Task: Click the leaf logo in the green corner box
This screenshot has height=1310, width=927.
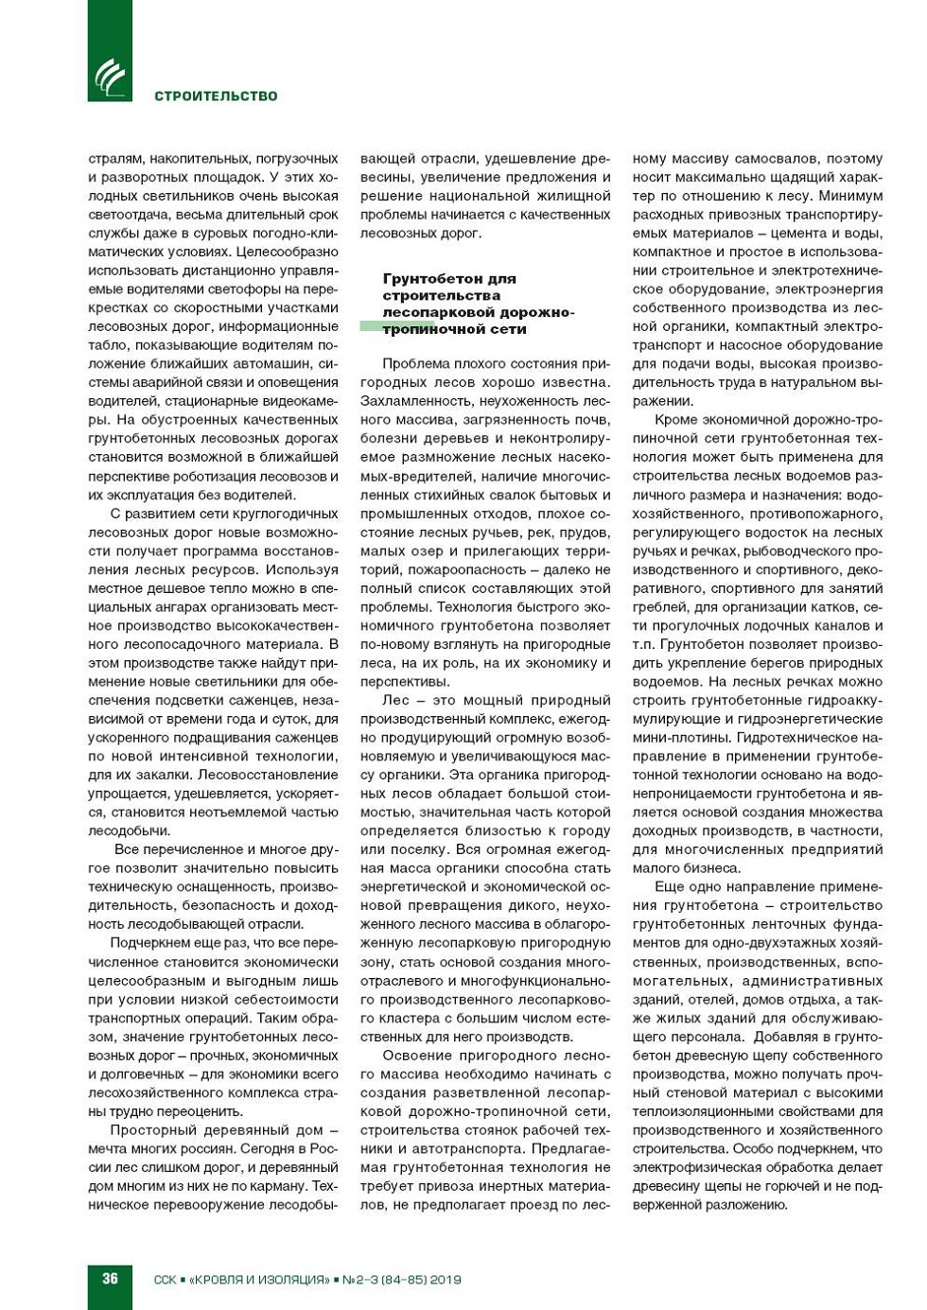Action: pyautogui.click(x=110, y=77)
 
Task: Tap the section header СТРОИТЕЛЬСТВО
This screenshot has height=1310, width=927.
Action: pyautogui.click(x=216, y=96)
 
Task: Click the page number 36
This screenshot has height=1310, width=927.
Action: pyautogui.click(x=110, y=1278)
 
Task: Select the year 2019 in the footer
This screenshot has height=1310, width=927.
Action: pyautogui.click(x=445, y=1280)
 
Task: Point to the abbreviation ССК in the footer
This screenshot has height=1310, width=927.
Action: pyautogui.click(x=165, y=1280)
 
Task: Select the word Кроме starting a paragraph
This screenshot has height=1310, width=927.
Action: pyautogui.click(x=676, y=420)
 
